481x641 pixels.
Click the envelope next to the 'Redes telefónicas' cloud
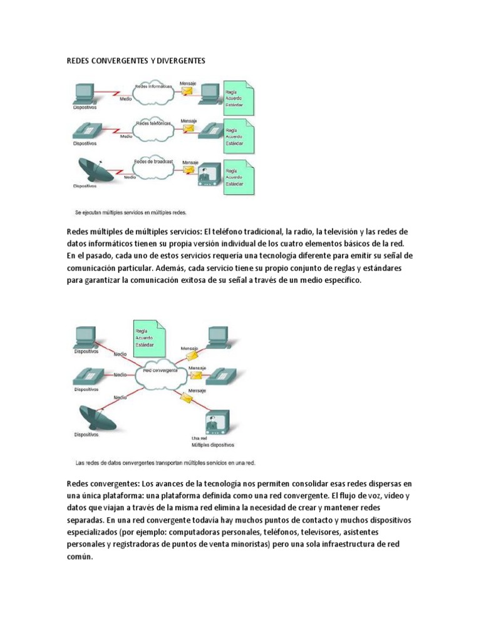pos(188,130)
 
